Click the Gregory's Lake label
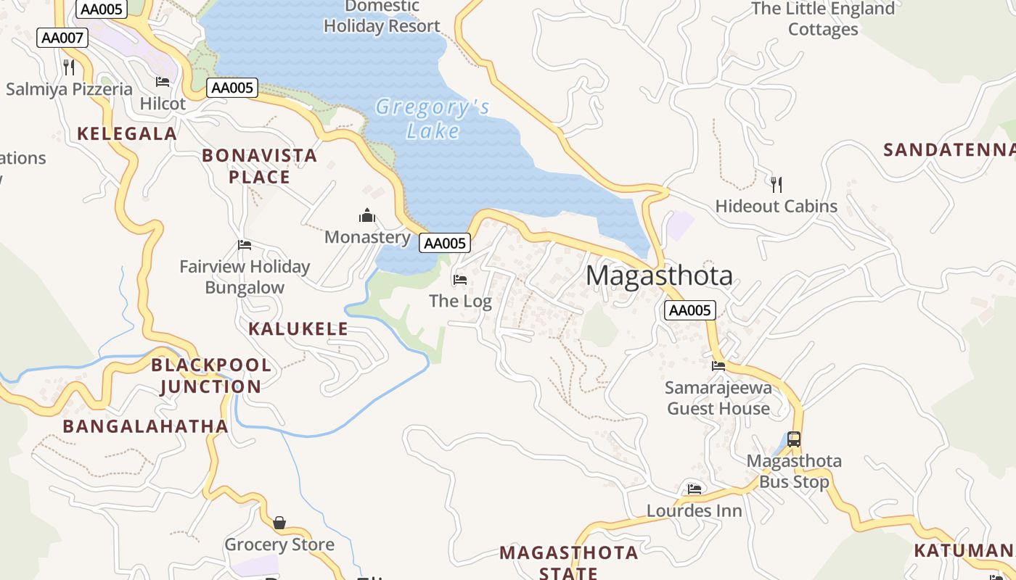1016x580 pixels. tap(433, 119)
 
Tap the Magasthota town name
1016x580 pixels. tap(659, 275)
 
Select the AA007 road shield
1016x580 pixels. tap(62, 38)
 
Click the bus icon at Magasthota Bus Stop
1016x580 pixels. tap(794, 439)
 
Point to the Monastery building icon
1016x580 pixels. tap(367, 216)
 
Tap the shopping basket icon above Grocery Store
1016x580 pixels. tap(279, 523)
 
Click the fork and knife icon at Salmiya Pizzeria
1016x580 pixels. tap(69, 67)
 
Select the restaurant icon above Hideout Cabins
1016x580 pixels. tap(777, 184)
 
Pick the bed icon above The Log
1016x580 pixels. tap(459, 280)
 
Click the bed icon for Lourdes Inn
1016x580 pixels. tap(695, 489)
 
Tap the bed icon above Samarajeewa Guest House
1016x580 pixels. tap(718, 366)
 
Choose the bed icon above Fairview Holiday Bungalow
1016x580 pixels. tap(245, 246)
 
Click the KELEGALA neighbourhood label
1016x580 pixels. tap(127, 133)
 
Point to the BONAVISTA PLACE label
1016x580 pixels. tap(259, 166)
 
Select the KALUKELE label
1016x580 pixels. tap(298, 328)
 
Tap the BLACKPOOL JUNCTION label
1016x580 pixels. tap(210, 376)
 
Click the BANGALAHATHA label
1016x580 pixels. tap(145, 426)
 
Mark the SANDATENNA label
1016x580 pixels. tap(949, 150)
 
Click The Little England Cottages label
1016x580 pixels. tap(823, 19)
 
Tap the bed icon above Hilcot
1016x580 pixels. tap(163, 82)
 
